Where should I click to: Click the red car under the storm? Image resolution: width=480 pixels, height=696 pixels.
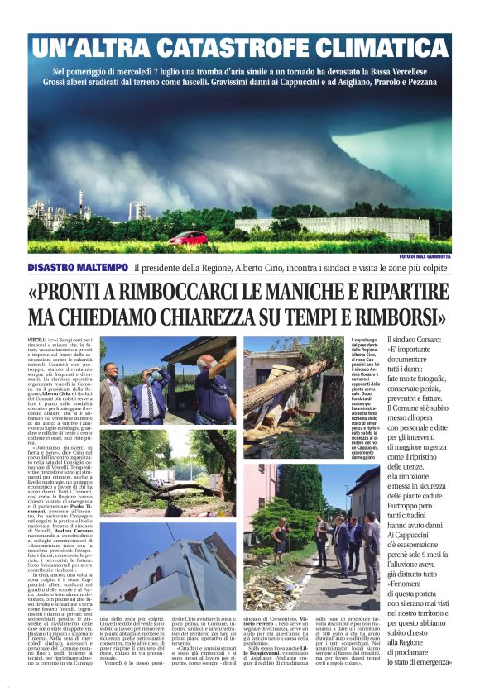tap(188, 237)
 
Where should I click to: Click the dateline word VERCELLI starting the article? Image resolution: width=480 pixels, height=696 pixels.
tap(36, 341)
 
